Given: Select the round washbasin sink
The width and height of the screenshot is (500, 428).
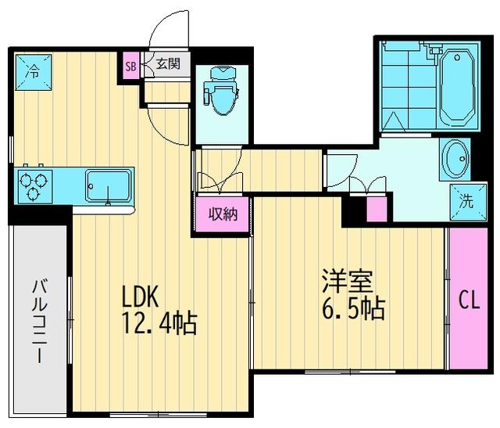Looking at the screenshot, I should (454, 159).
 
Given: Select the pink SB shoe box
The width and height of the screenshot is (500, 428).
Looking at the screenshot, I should (131, 66).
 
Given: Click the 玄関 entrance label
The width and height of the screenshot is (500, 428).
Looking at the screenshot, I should (167, 64).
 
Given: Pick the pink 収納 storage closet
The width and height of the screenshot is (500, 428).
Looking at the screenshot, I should (222, 214).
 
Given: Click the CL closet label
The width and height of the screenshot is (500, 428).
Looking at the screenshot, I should (468, 299).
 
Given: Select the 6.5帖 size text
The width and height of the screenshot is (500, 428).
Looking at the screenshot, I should (353, 308).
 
